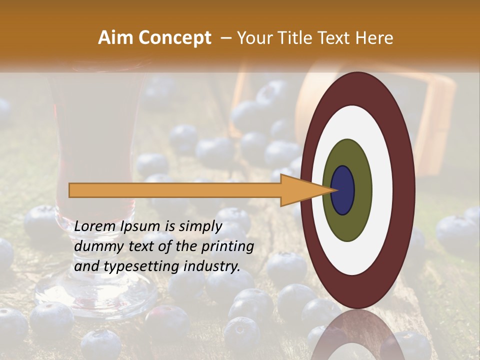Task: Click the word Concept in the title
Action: click(x=174, y=38)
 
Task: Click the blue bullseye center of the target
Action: click(x=343, y=190)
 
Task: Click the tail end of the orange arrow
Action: click(x=70, y=190)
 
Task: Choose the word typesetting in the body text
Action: click(x=134, y=267)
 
